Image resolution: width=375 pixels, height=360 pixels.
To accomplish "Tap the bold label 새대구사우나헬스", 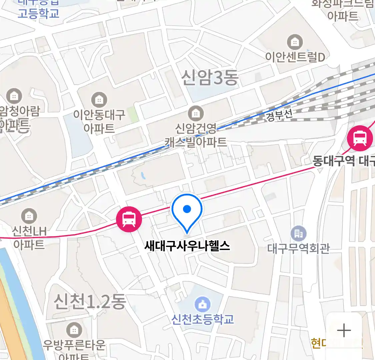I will (x=187, y=246).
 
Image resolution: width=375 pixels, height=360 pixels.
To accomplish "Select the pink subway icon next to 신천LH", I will (x=129, y=219).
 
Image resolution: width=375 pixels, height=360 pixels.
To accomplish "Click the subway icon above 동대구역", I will (x=360, y=138).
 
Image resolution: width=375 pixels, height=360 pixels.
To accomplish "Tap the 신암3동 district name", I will (x=210, y=78).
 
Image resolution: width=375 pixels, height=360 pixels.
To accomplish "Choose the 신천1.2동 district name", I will (x=90, y=302).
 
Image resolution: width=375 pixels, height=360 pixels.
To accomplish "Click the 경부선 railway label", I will (x=279, y=115).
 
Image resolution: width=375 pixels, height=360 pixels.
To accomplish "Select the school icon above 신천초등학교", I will (x=203, y=304).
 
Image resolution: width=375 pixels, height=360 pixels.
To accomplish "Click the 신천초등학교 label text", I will (x=203, y=319).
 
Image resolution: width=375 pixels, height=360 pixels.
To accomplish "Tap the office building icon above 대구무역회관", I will (x=298, y=234).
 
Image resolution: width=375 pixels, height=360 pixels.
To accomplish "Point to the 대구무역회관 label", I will (x=298, y=248).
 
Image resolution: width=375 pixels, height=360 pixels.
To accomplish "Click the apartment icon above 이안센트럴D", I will (x=295, y=42).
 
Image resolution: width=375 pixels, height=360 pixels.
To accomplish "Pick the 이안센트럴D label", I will (x=295, y=57).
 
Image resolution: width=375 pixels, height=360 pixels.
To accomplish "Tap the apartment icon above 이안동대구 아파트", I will (x=99, y=99).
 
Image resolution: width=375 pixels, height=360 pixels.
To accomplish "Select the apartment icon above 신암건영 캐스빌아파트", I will (x=196, y=114).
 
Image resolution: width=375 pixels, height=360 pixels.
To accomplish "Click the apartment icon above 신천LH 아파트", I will (x=29, y=216).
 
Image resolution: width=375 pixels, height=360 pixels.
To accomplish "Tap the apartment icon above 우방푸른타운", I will (x=74, y=330).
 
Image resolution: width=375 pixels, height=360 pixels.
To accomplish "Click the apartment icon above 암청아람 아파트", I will (x=14, y=96).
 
